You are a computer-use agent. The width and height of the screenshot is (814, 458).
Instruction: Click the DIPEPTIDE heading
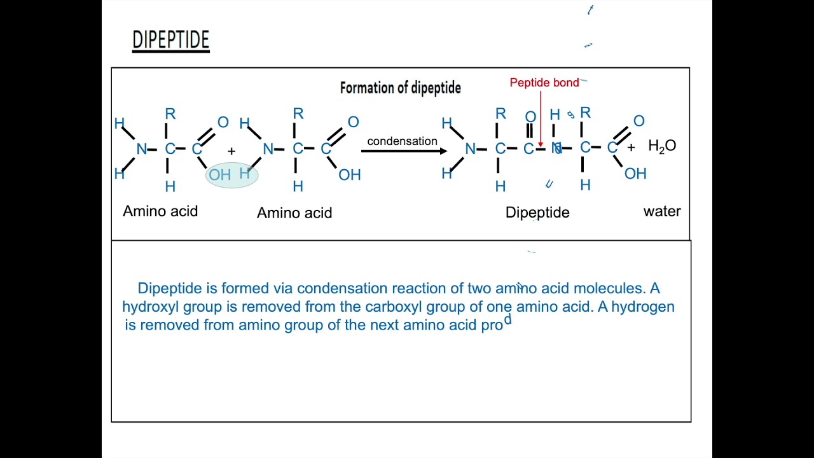pyautogui.click(x=170, y=40)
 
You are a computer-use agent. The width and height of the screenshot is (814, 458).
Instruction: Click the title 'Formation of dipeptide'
pyautogui.click(x=400, y=88)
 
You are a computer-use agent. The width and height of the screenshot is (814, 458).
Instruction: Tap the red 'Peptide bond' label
pyautogui.click(x=544, y=83)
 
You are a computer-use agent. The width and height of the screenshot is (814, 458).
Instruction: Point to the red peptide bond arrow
pyautogui.click(x=541, y=121)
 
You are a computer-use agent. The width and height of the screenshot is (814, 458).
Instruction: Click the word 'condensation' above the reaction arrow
pyautogui.click(x=402, y=141)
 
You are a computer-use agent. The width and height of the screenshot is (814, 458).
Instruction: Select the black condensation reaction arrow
pyautogui.click(x=404, y=151)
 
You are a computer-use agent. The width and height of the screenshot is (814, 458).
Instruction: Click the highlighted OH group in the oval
pyautogui.click(x=220, y=175)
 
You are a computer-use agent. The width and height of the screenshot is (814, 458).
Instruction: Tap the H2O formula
pyautogui.click(x=661, y=146)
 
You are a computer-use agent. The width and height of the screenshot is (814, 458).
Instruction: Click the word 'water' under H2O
pyautogui.click(x=662, y=211)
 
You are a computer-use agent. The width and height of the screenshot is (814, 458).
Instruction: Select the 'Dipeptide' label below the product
pyautogui.click(x=537, y=212)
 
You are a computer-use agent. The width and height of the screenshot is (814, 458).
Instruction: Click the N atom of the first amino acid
pyautogui.click(x=141, y=149)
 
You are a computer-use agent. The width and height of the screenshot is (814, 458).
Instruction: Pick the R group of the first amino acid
pyautogui.click(x=170, y=114)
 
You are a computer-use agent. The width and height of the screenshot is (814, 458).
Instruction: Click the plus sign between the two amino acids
pyautogui.click(x=231, y=151)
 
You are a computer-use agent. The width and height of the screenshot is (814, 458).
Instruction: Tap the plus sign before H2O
pyautogui.click(x=631, y=148)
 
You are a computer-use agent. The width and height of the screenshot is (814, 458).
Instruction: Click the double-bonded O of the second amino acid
pyautogui.click(x=353, y=121)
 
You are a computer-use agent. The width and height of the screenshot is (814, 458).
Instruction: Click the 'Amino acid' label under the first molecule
pyautogui.click(x=160, y=211)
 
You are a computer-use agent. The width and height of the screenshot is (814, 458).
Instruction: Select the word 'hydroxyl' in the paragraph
pyautogui.click(x=151, y=307)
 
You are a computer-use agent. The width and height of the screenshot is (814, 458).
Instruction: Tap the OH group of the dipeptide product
pyautogui.click(x=635, y=174)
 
